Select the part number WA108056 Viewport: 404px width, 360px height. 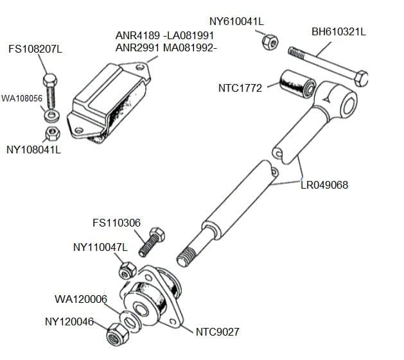22,98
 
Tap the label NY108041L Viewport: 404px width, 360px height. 33,150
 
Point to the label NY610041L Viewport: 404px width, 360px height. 236,21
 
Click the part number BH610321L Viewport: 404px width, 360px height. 338,31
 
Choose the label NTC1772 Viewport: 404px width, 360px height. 240,89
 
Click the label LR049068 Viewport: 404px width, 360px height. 324,185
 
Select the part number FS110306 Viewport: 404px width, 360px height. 116,223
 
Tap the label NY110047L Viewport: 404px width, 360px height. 101,246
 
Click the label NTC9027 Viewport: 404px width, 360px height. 218,332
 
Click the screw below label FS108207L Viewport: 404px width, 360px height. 51,92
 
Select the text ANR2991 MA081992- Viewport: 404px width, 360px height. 166,47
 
